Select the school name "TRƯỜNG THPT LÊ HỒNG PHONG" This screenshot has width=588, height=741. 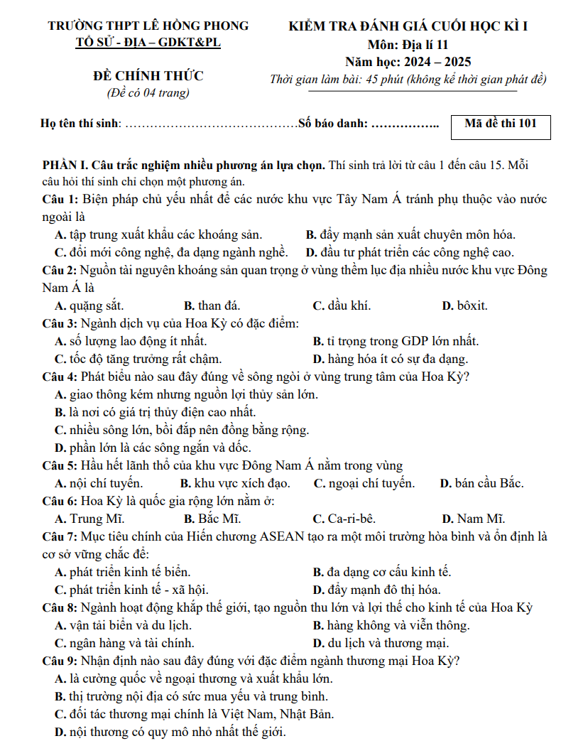(148, 26)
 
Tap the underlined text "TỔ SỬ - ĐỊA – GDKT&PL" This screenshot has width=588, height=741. (148, 43)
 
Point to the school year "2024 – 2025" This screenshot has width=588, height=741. (437, 63)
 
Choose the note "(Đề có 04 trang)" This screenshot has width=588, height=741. (148, 92)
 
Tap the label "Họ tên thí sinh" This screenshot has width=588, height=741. (81, 124)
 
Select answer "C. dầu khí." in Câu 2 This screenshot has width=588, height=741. (342, 306)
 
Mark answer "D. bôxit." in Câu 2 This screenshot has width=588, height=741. (464, 306)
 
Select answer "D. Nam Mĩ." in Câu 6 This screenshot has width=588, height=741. (473, 519)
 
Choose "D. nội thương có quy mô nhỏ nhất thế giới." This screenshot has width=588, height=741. (170, 732)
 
